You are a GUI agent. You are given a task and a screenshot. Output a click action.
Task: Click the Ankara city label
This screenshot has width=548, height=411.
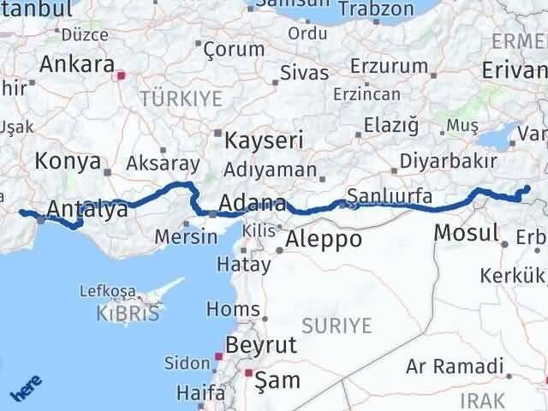click(x=76, y=65)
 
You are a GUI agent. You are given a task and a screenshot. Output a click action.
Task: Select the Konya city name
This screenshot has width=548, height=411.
click(x=68, y=161)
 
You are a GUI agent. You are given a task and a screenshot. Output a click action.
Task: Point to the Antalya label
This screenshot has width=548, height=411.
click(x=87, y=209)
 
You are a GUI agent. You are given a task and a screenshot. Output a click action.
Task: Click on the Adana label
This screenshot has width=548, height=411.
click(x=253, y=204)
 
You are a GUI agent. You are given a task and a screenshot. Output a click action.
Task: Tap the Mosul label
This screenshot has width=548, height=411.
click(x=467, y=232)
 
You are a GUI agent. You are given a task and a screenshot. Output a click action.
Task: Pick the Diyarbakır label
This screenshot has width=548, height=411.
click(x=450, y=161)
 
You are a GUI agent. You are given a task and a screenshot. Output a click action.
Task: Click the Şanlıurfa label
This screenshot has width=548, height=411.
click(x=390, y=194)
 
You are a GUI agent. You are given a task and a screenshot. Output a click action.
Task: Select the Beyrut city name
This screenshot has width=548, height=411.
click(x=260, y=345)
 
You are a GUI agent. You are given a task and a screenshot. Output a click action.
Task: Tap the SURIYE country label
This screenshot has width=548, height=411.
click(x=337, y=325)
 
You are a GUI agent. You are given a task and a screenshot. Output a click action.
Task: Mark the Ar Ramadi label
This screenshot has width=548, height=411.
click(x=455, y=367)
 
